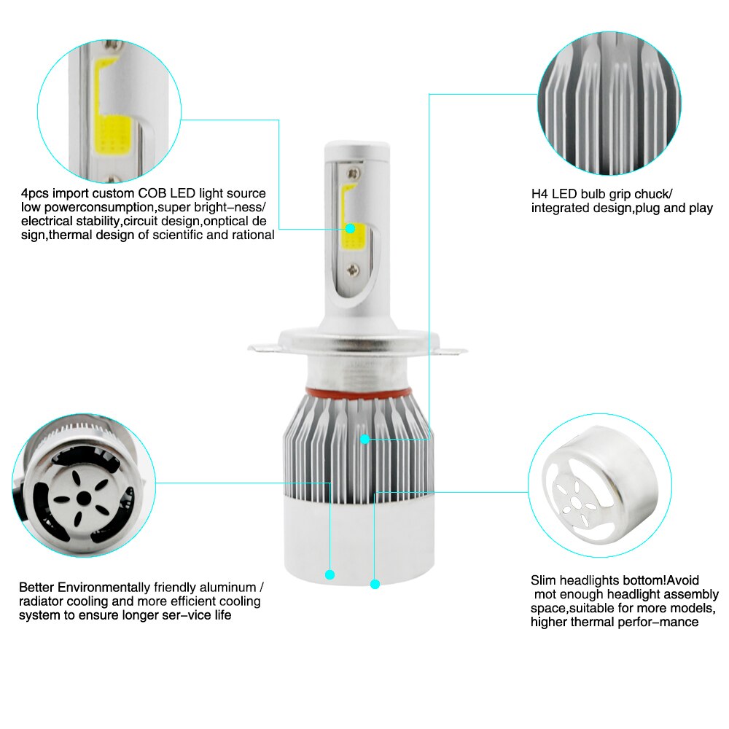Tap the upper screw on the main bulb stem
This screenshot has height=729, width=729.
point(354,174)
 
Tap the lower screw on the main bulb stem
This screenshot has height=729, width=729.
point(354,269)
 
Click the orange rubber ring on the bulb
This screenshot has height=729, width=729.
point(359,394)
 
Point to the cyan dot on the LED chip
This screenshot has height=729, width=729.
point(351,228)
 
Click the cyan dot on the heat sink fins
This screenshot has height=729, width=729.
point(365,439)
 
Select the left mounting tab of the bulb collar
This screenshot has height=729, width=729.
point(263,348)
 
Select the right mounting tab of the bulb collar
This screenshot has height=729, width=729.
point(453,350)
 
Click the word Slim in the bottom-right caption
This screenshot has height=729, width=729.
point(544,580)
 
